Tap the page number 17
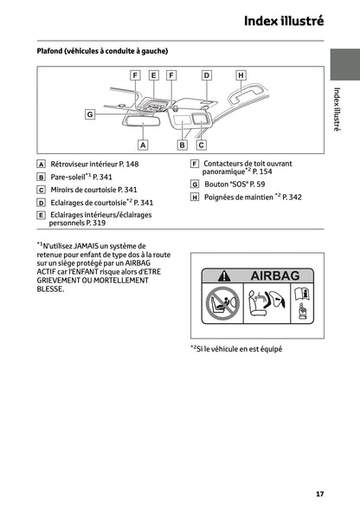coord(319,494)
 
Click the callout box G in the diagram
coord(90,114)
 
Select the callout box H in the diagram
coord(241,75)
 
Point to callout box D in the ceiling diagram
coord(206,75)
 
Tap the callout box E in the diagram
coord(153,75)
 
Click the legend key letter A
coord(41,164)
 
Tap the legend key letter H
coord(195,197)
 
